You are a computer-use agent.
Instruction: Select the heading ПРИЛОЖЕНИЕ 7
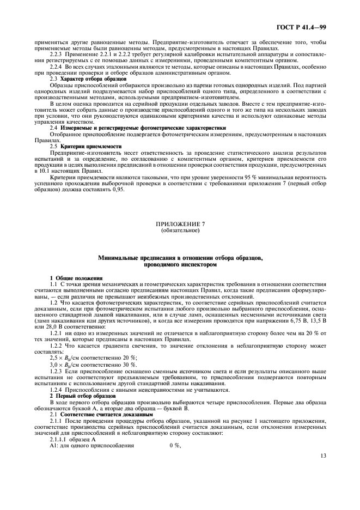pos(180,224)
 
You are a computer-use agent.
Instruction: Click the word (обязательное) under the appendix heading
pos(180,230)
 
